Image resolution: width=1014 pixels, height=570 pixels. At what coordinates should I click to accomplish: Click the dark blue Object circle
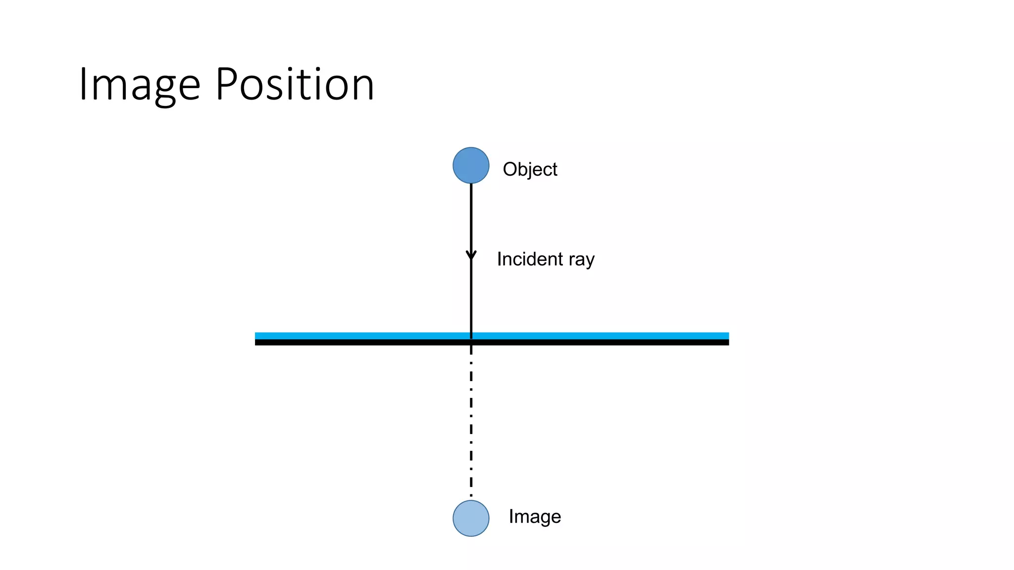coord(471,165)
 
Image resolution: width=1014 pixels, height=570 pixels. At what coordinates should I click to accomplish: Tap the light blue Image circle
coord(471,518)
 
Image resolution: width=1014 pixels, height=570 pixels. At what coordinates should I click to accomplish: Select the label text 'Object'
coord(530,170)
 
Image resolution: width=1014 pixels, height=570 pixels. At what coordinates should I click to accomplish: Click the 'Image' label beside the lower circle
coord(535,517)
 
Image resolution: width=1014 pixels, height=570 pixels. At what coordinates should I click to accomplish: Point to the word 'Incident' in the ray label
coord(530,259)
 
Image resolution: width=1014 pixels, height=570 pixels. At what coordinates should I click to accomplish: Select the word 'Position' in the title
coord(295,85)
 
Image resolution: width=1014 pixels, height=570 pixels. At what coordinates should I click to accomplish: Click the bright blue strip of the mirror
coord(594,336)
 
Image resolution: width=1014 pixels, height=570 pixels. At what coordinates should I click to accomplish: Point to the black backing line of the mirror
coord(594,342)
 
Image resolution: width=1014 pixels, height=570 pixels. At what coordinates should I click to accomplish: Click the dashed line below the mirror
coord(471,421)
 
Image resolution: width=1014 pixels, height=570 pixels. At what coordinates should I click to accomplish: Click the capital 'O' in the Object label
coord(509,169)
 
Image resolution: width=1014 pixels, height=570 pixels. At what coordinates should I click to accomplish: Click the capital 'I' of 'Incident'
coord(500,259)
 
